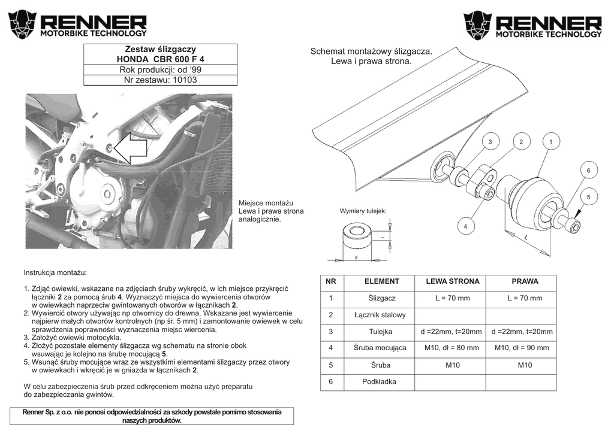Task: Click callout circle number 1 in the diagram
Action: pos(552,141)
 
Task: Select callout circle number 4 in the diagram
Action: pos(465,226)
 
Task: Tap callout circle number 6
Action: pos(588,171)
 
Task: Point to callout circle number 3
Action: pos(490,141)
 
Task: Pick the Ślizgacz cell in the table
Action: pos(381,298)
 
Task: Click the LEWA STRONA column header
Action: pos(453,281)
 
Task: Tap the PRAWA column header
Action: pos(525,281)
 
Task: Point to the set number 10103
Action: pos(160,80)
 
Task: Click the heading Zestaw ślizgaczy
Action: pos(160,48)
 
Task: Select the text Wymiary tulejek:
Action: pos(363,211)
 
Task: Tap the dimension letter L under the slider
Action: pos(525,238)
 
